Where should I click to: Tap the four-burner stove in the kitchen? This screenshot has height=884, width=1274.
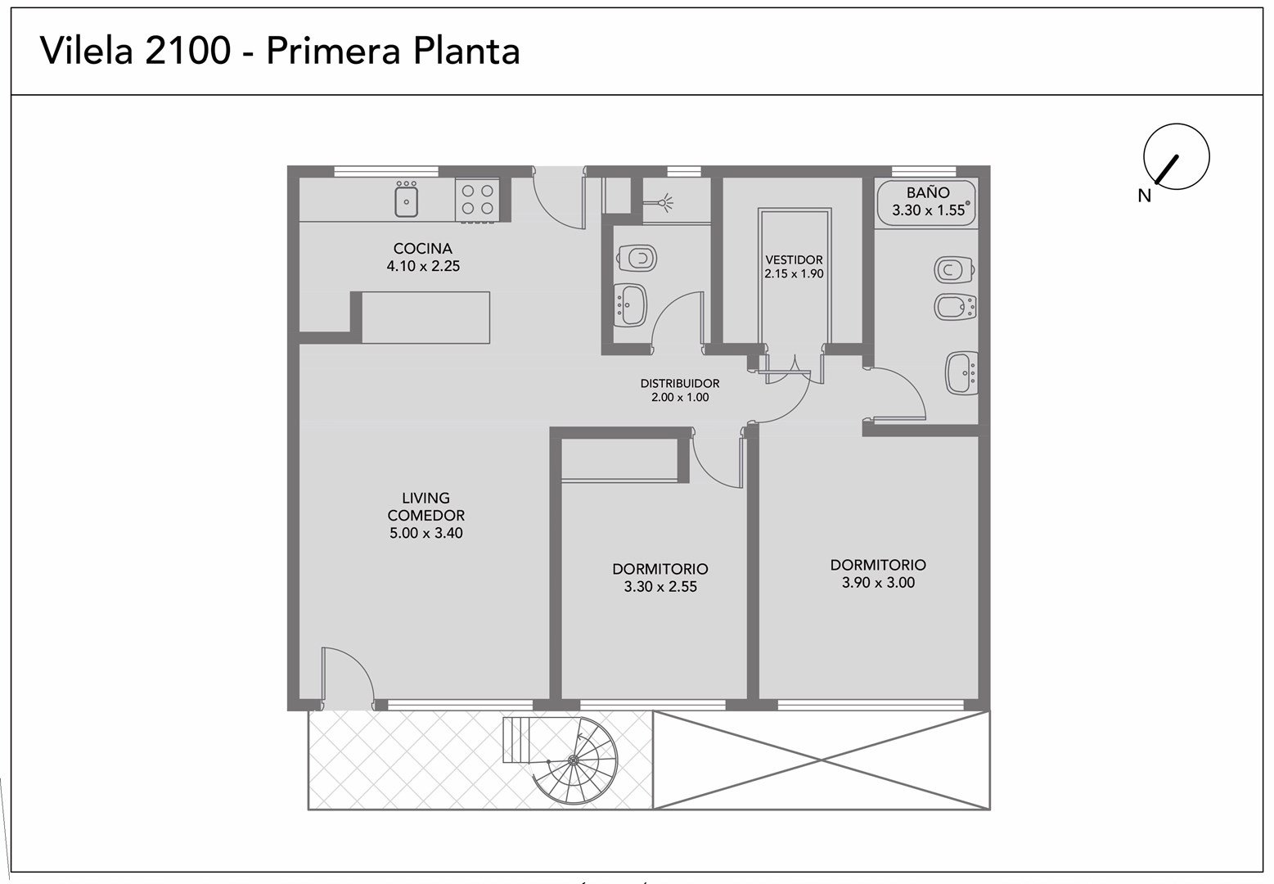(478, 200)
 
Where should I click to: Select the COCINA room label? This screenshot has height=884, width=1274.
(422, 249)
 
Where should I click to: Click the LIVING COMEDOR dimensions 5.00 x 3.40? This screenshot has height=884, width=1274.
(426, 533)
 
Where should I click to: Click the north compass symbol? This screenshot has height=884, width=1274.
(1176, 156)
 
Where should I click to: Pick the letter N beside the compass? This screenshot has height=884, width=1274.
(1145, 196)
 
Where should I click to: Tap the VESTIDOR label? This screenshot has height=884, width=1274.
(794, 260)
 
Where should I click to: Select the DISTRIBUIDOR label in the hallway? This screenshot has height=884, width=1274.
(680, 383)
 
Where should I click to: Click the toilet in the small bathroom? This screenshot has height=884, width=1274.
(637, 259)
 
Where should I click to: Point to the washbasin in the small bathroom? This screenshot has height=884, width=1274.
(631, 305)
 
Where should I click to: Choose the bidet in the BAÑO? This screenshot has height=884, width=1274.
(955, 307)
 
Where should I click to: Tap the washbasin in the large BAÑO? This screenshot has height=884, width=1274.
(962, 373)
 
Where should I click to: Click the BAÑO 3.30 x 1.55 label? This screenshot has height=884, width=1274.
(928, 201)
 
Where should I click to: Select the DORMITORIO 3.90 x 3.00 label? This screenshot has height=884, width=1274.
(878, 574)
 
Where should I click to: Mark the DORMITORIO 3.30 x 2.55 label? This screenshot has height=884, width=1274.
(660, 577)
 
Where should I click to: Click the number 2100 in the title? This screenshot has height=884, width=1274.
(187, 50)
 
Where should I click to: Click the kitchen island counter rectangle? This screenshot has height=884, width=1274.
(425, 318)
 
